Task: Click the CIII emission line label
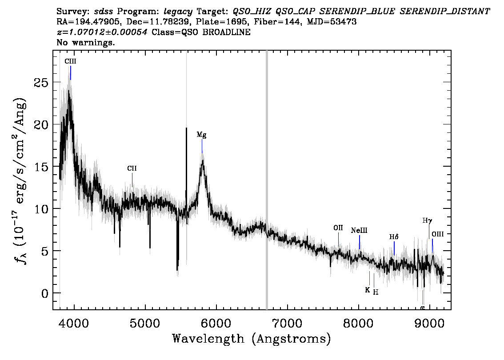pos(70,61)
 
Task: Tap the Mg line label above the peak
pos(201,135)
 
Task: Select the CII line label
pos(132,168)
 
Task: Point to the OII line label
pos(338,228)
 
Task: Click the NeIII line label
pos(359,231)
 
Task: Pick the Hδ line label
pos(394,237)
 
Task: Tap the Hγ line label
pos(427,221)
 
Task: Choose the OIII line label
pos(437,234)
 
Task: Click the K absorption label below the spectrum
pos(368,290)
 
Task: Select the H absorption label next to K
pos(376,292)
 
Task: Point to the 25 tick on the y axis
pos(41,82)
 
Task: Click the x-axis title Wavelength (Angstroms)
pos(252,339)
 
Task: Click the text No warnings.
pos(85,42)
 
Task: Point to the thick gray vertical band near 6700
pos(267,180)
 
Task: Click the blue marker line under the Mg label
pos(202,146)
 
